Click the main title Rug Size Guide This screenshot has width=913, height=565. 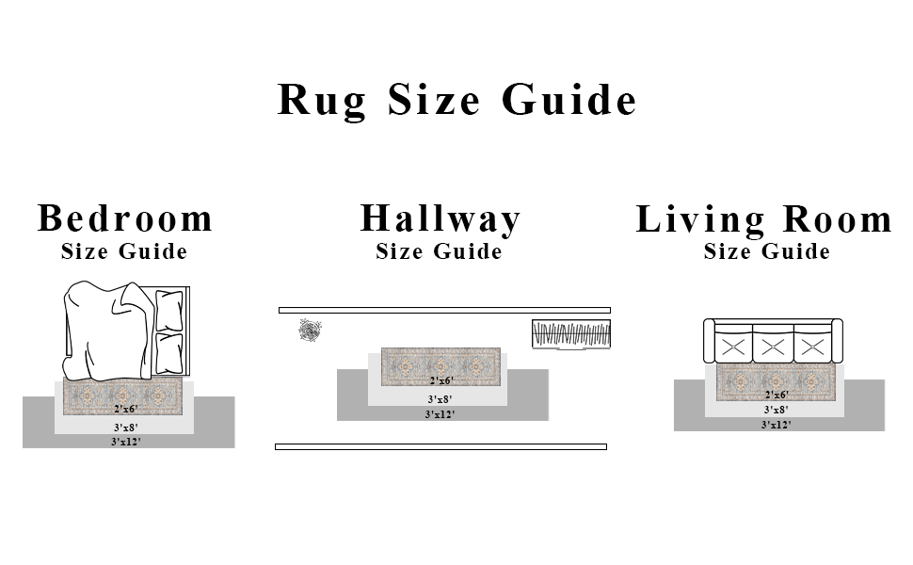(456, 100)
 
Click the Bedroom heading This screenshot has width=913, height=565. (125, 218)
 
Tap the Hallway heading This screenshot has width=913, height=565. (440, 218)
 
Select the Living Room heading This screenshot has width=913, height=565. (763, 219)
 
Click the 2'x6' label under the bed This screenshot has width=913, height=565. (126, 410)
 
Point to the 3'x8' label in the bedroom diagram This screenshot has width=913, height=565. (125, 427)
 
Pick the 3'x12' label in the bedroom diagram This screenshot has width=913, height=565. (125, 441)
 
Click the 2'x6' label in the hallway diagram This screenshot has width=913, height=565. (441, 381)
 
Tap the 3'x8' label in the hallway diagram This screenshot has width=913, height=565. (440, 399)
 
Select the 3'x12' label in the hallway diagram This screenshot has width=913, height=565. (440, 414)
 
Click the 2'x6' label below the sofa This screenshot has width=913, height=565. (777, 395)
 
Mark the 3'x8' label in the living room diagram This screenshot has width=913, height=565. (777, 411)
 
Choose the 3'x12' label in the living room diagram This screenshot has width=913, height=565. (777, 426)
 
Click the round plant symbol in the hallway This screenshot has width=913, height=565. (310, 330)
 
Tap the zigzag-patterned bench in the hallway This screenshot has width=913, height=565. (571, 334)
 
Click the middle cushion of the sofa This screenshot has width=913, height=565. (773, 347)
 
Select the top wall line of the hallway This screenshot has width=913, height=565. (444, 310)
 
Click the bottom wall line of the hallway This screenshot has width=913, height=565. (440, 447)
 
